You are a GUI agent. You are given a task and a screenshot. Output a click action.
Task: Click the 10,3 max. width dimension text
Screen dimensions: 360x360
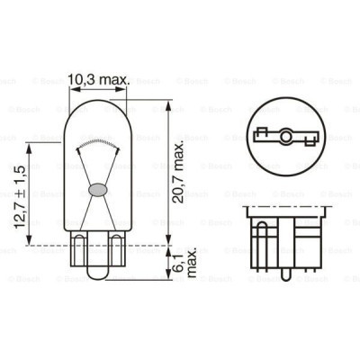(99, 80)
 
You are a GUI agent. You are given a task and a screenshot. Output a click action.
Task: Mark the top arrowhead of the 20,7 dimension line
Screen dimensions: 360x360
(169, 103)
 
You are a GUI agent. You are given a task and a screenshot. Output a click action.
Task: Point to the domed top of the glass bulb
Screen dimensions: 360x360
(99, 104)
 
